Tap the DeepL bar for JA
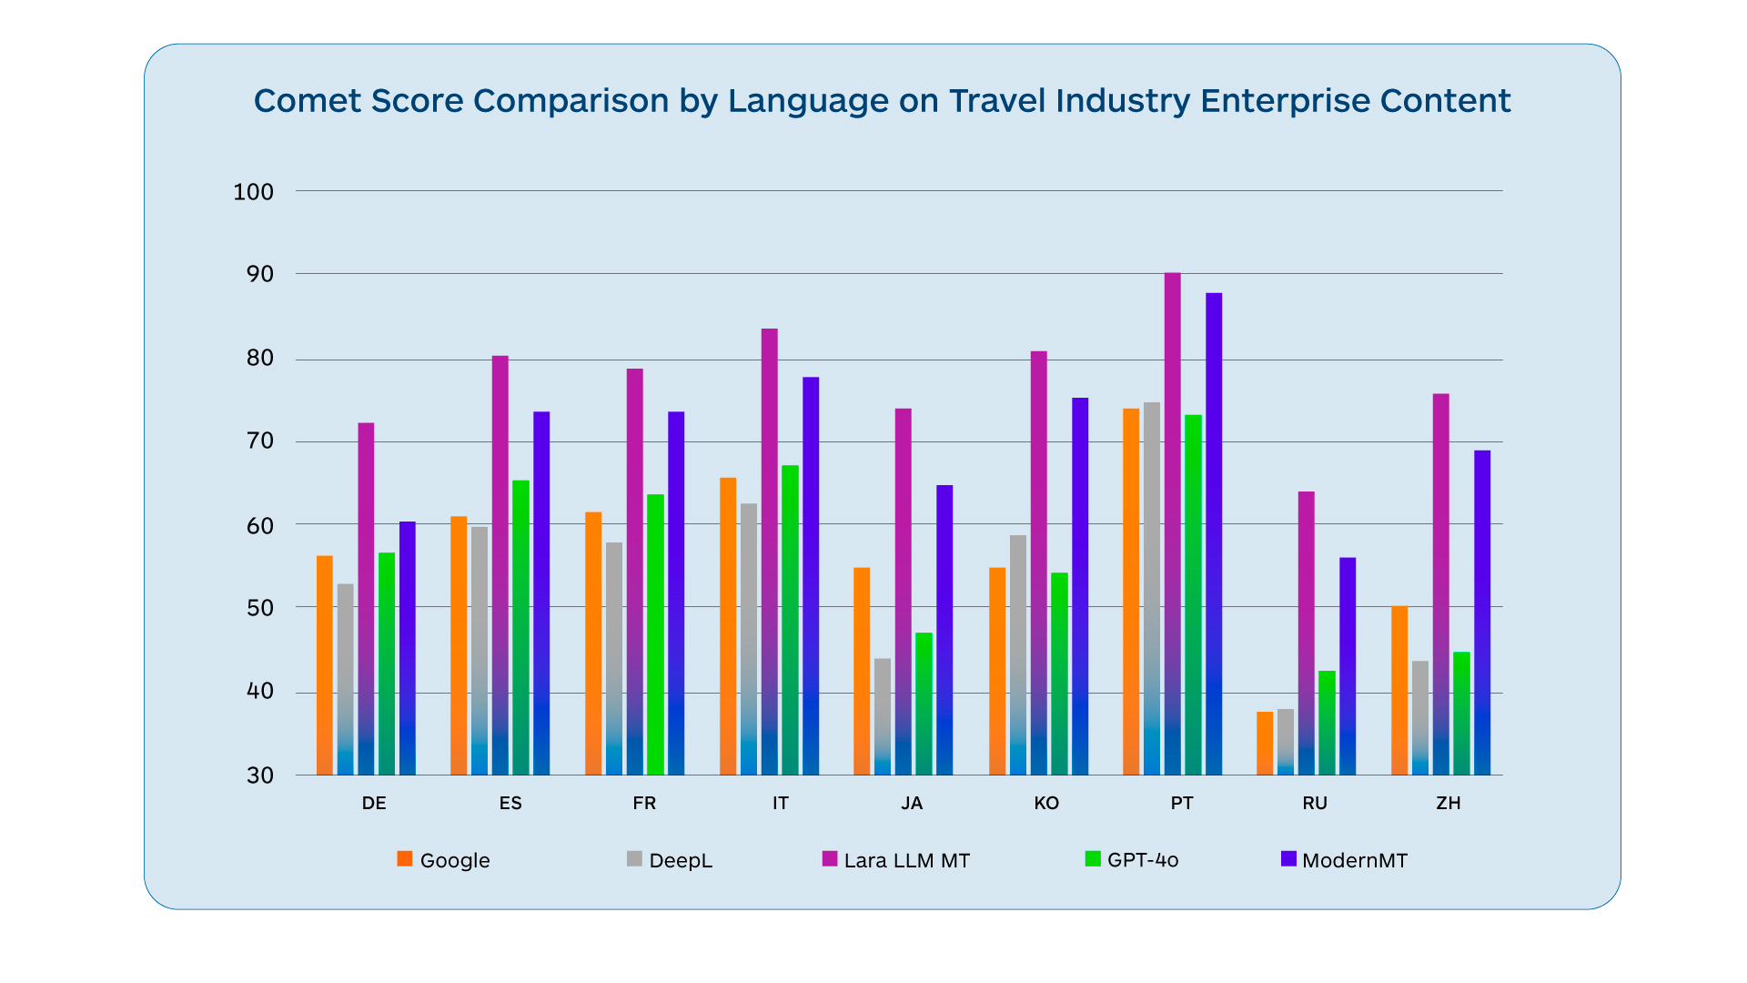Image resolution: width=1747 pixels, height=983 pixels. pyautogui.click(x=883, y=716)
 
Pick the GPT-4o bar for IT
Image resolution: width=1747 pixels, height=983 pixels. pyautogui.click(x=790, y=620)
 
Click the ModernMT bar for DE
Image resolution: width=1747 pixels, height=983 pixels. pyautogui.click(x=408, y=648)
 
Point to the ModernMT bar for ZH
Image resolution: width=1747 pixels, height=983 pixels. pyautogui.click(x=1482, y=613)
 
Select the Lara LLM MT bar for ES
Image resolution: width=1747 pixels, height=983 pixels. pyautogui.click(x=500, y=565)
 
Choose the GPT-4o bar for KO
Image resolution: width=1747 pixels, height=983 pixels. pyautogui.click(x=1059, y=674)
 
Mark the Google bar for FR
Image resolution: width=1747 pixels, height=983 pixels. pyautogui.click(x=593, y=644)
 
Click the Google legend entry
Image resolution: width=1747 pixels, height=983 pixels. pyautogui.click(x=444, y=860)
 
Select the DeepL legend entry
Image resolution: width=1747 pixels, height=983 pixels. pyautogui.click(x=670, y=860)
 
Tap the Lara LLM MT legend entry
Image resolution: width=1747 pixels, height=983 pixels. pyautogui.click(x=896, y=860)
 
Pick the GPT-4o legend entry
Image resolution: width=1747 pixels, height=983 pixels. pyautogui.click(x=1132, y=860)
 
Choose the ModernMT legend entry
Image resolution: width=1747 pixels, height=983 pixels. pyautogui.click(x=1344, y=860)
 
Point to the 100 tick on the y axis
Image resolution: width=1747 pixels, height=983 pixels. pyautogui.click(x=253, y=192)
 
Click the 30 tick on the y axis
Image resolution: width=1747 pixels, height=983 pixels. pyautogui.click(x=259, y=775)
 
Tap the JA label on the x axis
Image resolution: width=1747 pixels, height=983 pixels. pyautogui.click(x=912, y=803)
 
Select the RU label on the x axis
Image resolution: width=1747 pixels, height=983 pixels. pyautogui.click(x=1315, y=803)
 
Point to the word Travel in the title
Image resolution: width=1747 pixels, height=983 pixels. pyautogui.click(x=996, y=101)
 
